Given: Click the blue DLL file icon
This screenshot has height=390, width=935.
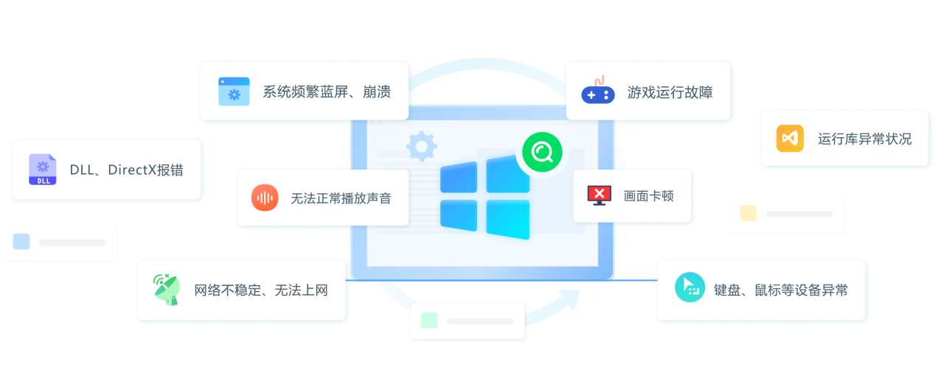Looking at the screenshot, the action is point(43,170).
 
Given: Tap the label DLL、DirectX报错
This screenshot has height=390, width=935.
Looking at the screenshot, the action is point(127,170).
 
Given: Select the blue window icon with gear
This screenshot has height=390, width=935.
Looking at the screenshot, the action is point(234,91).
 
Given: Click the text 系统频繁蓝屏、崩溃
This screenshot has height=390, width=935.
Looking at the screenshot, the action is point(327,91).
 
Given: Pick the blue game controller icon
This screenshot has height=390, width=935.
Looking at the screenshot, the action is point(598,91).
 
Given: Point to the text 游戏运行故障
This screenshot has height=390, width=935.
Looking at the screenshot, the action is point(670,92).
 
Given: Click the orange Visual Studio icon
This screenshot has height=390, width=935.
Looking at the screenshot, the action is point(790,138).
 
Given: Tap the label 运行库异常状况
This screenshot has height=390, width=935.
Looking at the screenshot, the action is point(864,139).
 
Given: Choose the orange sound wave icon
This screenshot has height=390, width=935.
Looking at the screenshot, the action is point(265,198).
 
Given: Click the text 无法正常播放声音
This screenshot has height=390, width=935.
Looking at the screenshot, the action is point(341,198).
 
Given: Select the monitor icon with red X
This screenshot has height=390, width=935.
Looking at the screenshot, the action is point(599,195).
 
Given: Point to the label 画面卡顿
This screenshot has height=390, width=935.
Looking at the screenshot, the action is point(649,196).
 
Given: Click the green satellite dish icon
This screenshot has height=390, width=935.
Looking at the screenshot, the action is point(167,290).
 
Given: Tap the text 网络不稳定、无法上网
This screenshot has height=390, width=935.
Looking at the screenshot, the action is point(261,290).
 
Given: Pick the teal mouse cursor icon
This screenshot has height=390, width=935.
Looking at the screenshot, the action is point(689,288).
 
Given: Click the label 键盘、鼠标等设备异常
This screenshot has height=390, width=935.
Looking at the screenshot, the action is point(781,290).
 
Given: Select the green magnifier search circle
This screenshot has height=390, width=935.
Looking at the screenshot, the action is point(542,152).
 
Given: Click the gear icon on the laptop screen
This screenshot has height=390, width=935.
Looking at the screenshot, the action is point(422,147).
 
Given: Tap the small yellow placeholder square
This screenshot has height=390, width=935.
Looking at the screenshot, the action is point(748,213).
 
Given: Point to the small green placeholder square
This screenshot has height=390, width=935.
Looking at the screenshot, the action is point(429,321).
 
